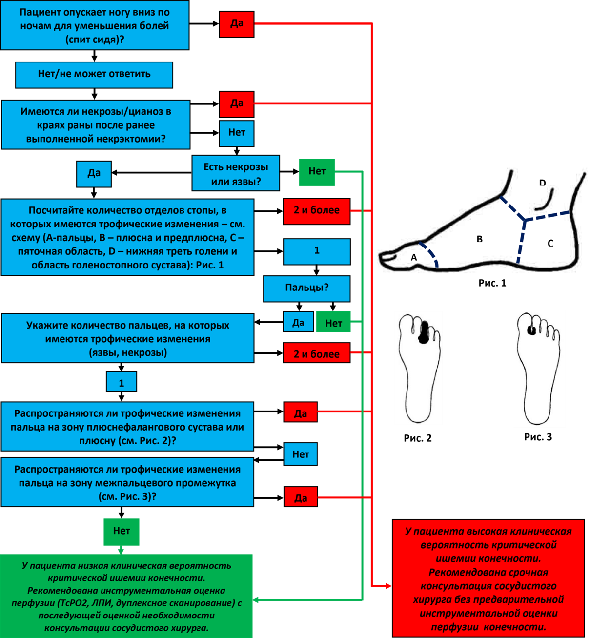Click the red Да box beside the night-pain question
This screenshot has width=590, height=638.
click(x=237, y=24)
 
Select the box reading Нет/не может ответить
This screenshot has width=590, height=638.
click(x=94, y=75)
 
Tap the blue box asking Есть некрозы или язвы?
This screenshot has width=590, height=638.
click(x=236, y=173)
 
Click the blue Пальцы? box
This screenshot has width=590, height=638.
click(x=307, y=288)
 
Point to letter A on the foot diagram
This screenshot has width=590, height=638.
click(x=414, y=257)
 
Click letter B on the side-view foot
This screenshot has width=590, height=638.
click(x=480, y=239)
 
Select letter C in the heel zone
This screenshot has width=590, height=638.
click(x=550, y=243)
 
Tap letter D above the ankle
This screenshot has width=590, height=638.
click(x=542, y=183)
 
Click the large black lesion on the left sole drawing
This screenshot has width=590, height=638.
click(x=424, y=332)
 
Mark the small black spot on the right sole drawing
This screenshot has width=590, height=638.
click(x=531, y=330)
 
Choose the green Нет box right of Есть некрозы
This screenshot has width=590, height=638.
click(x=317, y=172)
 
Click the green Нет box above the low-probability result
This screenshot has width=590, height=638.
click(x=122, y=532)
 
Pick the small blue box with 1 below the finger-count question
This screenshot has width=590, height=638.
click(x=122, y=383)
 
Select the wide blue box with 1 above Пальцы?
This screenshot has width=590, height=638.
click(x=317, y=251)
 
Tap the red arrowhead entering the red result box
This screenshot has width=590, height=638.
click(x=388, y=586)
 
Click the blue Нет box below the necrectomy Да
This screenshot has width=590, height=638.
click(x=237, y=133)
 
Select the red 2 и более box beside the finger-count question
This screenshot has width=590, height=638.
click(x=317, y=353)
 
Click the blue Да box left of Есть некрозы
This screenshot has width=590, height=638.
click(x=94, y=174)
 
